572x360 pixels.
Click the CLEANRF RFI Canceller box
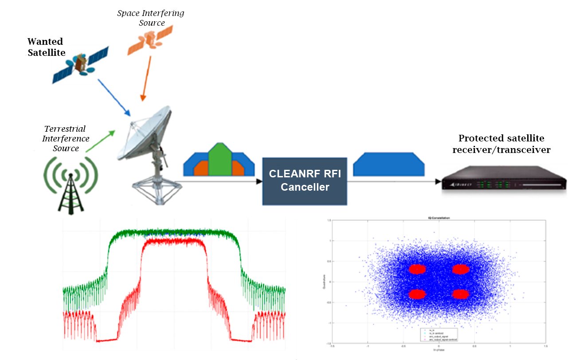pos(304,180)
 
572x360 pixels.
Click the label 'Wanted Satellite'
pos(46,47)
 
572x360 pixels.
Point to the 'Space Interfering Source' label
pos(151,18)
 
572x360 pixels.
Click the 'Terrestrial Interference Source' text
pos(65,138)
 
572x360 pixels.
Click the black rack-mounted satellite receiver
pos(504,182)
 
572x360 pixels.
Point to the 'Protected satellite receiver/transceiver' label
pos(501,144)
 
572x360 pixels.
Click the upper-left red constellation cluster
pos(417,269)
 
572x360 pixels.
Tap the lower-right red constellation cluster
pos(461,294)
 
